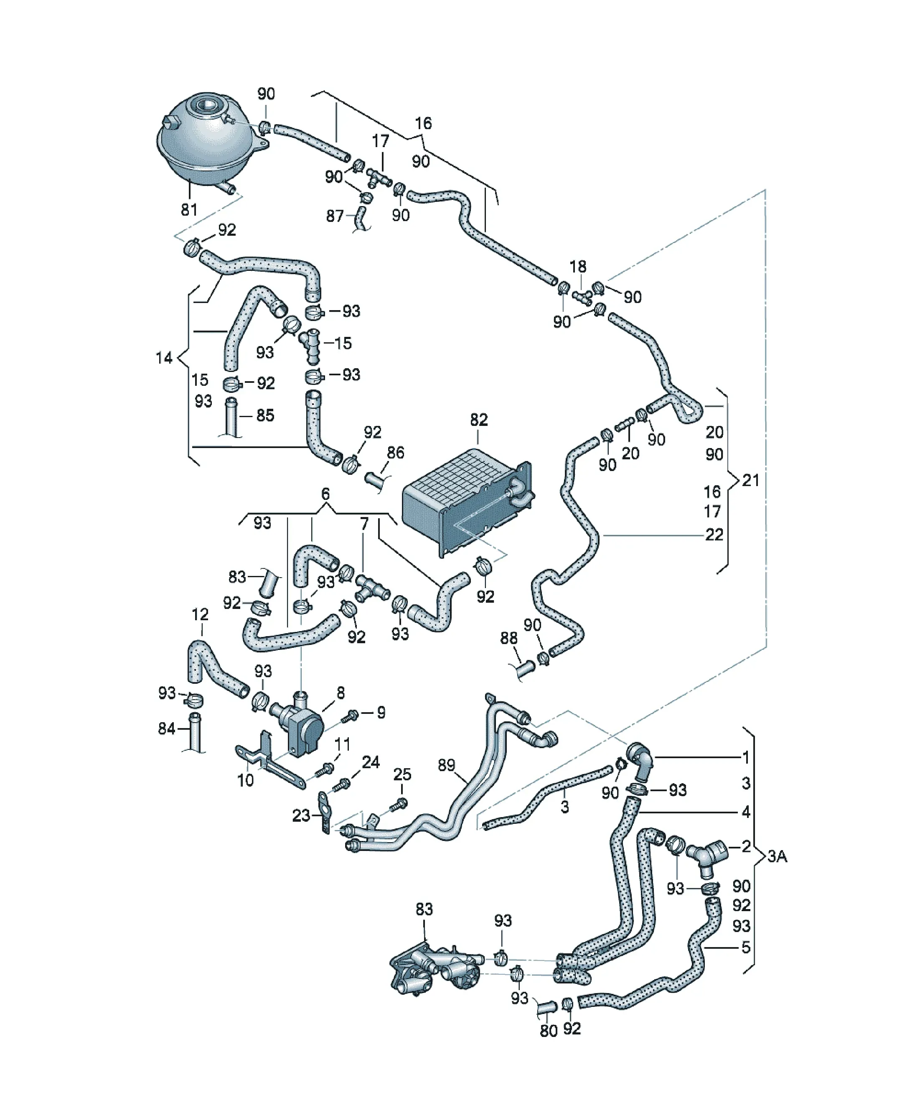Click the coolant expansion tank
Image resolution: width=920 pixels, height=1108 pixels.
211,143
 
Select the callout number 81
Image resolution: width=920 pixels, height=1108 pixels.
189,209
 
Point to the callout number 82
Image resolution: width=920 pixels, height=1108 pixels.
479,420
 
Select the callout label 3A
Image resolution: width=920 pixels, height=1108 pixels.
777,856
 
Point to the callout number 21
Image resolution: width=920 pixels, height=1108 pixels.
750,480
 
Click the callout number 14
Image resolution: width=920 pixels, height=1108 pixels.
164,358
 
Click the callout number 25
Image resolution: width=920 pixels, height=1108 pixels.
402,774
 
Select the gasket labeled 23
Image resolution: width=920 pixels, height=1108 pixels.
325,812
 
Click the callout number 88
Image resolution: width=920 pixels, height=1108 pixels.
508,638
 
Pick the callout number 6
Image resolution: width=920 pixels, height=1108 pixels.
325,494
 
